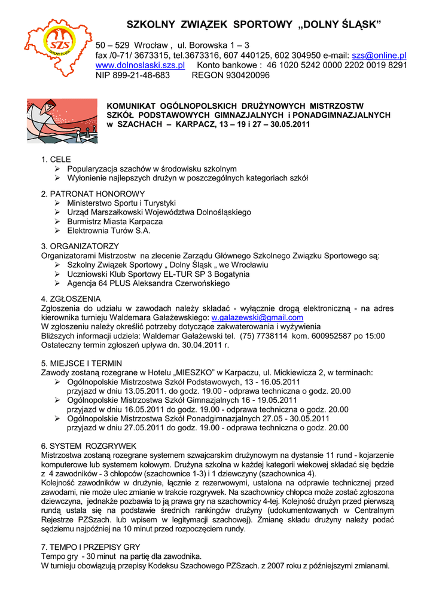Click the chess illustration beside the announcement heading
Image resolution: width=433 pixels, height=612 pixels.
(x=62, y=121)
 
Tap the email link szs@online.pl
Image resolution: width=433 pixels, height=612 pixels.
(x=379, y=55)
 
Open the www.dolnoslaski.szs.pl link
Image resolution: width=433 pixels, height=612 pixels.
(x=140, y=65)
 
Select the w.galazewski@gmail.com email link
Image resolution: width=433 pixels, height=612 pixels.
(x=257, y=317)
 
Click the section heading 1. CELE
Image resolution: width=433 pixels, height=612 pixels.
(x=56, y=160)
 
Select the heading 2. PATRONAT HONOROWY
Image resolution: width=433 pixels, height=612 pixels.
(x=93, y=194)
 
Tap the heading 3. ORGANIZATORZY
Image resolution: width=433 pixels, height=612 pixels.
(x=80, y=246)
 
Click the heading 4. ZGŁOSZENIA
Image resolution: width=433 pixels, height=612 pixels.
(x=71, y=299)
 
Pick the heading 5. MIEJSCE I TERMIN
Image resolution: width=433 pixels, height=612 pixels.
(x=81, y=363)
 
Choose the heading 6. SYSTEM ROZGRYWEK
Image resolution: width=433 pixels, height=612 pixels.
(x=89, y=446)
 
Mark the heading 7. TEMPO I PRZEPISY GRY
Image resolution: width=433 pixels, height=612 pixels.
(x=90, y=547)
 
